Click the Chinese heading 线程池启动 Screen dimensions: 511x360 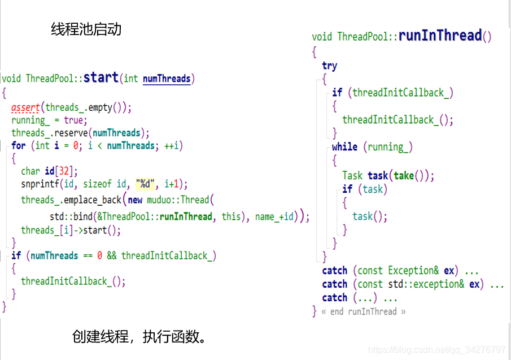tap(86, 29)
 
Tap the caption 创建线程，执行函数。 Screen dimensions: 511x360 tap(138, 337)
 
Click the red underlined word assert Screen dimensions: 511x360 tap(25, 107)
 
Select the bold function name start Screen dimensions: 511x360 tap(101, 77)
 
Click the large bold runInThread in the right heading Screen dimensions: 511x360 tap(440, 36)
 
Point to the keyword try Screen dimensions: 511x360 tap(330, 66)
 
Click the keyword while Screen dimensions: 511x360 tap(344, 147)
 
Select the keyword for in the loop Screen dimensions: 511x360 tap(19, 146)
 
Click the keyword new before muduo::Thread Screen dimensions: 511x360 tap(135, 199)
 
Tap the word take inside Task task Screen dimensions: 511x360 tap(404, 176)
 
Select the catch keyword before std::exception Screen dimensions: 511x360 tap(334, 284)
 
